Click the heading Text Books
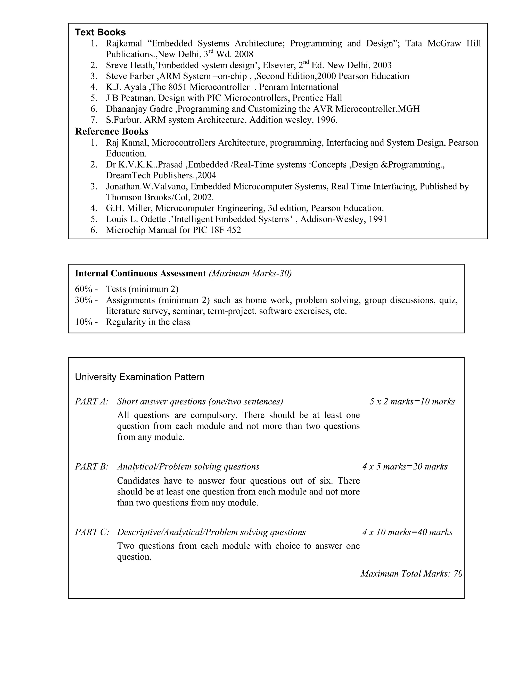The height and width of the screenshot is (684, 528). coord(100,32)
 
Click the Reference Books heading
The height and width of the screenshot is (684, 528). coord(112,131)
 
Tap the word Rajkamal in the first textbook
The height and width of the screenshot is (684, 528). coord(124,43)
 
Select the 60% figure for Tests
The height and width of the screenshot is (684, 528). coord(84,289)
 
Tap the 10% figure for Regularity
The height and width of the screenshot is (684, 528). coord(84,322)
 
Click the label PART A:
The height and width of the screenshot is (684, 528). coord(92,402)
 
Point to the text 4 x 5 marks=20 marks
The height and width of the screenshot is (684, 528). coord(405,467)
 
